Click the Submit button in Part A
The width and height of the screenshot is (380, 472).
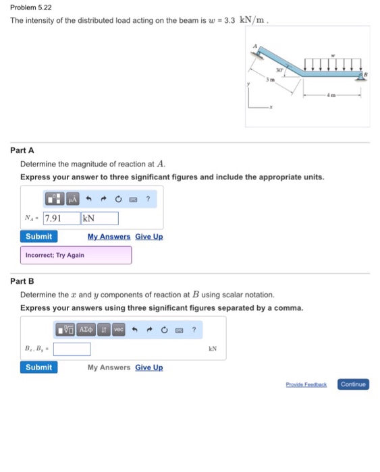[x=38, y=237]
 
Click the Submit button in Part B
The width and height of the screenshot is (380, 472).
[x=38, y=367]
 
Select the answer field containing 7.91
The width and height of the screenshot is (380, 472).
[x=61, y=218]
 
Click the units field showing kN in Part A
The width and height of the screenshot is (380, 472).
[x=99, y=218]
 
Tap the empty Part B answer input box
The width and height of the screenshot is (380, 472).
[x=72, y=349]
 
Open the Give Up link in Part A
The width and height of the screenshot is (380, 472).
[x=148, y=237]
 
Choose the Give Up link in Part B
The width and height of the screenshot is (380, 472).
[x=148, y=367]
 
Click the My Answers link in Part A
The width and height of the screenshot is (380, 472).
[x=109, y=237]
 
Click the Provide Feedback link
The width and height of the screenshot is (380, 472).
[x=306, y=384]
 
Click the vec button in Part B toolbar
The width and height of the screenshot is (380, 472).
[x=118, y=330]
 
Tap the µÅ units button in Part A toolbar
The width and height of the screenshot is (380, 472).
[x=72, y=199]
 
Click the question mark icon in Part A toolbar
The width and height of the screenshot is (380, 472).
[x=147, y=199]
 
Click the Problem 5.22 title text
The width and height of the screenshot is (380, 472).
[x=30, y=7]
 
